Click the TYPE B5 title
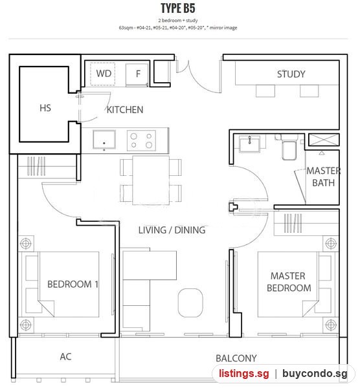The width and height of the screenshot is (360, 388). tap(178, 8)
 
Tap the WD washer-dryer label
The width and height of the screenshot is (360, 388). tap(104, 74)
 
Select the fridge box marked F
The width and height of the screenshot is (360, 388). tap(137, 75)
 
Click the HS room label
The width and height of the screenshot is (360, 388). tap(45, 108)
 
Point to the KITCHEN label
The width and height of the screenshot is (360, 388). tap(125, 110)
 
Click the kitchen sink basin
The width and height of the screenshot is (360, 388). tap(104, 140)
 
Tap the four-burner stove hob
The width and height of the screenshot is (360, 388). tap(141, 140)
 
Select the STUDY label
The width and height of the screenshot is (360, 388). tap(291, 74)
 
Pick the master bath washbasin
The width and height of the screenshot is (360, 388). tap(249, 144)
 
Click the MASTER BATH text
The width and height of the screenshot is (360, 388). tap(323, 177)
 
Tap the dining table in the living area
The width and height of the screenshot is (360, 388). tap(151, 180)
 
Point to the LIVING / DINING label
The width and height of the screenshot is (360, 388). tap(172, 230)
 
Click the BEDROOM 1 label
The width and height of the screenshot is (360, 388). tap(73, 284)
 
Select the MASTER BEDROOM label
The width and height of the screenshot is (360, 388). tap(289, 282)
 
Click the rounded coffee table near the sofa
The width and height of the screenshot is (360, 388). tap(190, 303)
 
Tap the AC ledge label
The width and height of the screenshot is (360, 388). tap(65, 356)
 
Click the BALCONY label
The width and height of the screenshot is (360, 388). tap(236, 358)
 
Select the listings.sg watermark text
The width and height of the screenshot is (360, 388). tap(244, 374)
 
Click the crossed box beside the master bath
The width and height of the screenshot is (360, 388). tap(324, 140)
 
